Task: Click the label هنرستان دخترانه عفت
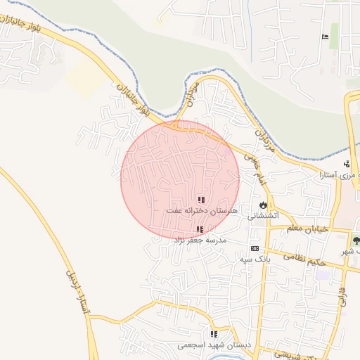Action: (x=202, y=210)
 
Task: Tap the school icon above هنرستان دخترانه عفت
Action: (x=202, y=200)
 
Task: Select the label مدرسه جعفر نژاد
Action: (x=198, y=240)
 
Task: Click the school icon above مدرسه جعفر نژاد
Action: (x=200, y=229)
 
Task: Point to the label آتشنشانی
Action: (x=264, y=216)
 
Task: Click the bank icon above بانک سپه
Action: (x=254, y=248)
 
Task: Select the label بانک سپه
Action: (x=254, y=259)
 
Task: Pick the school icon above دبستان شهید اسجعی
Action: (x=214, y=334)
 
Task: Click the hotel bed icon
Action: (x=324, y=37)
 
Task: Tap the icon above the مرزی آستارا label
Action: (x=346, y=165)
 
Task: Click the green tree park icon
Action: (x=355, y=241)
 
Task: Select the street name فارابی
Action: (x=342, y=295)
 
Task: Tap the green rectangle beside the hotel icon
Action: (x=335, y=33)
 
